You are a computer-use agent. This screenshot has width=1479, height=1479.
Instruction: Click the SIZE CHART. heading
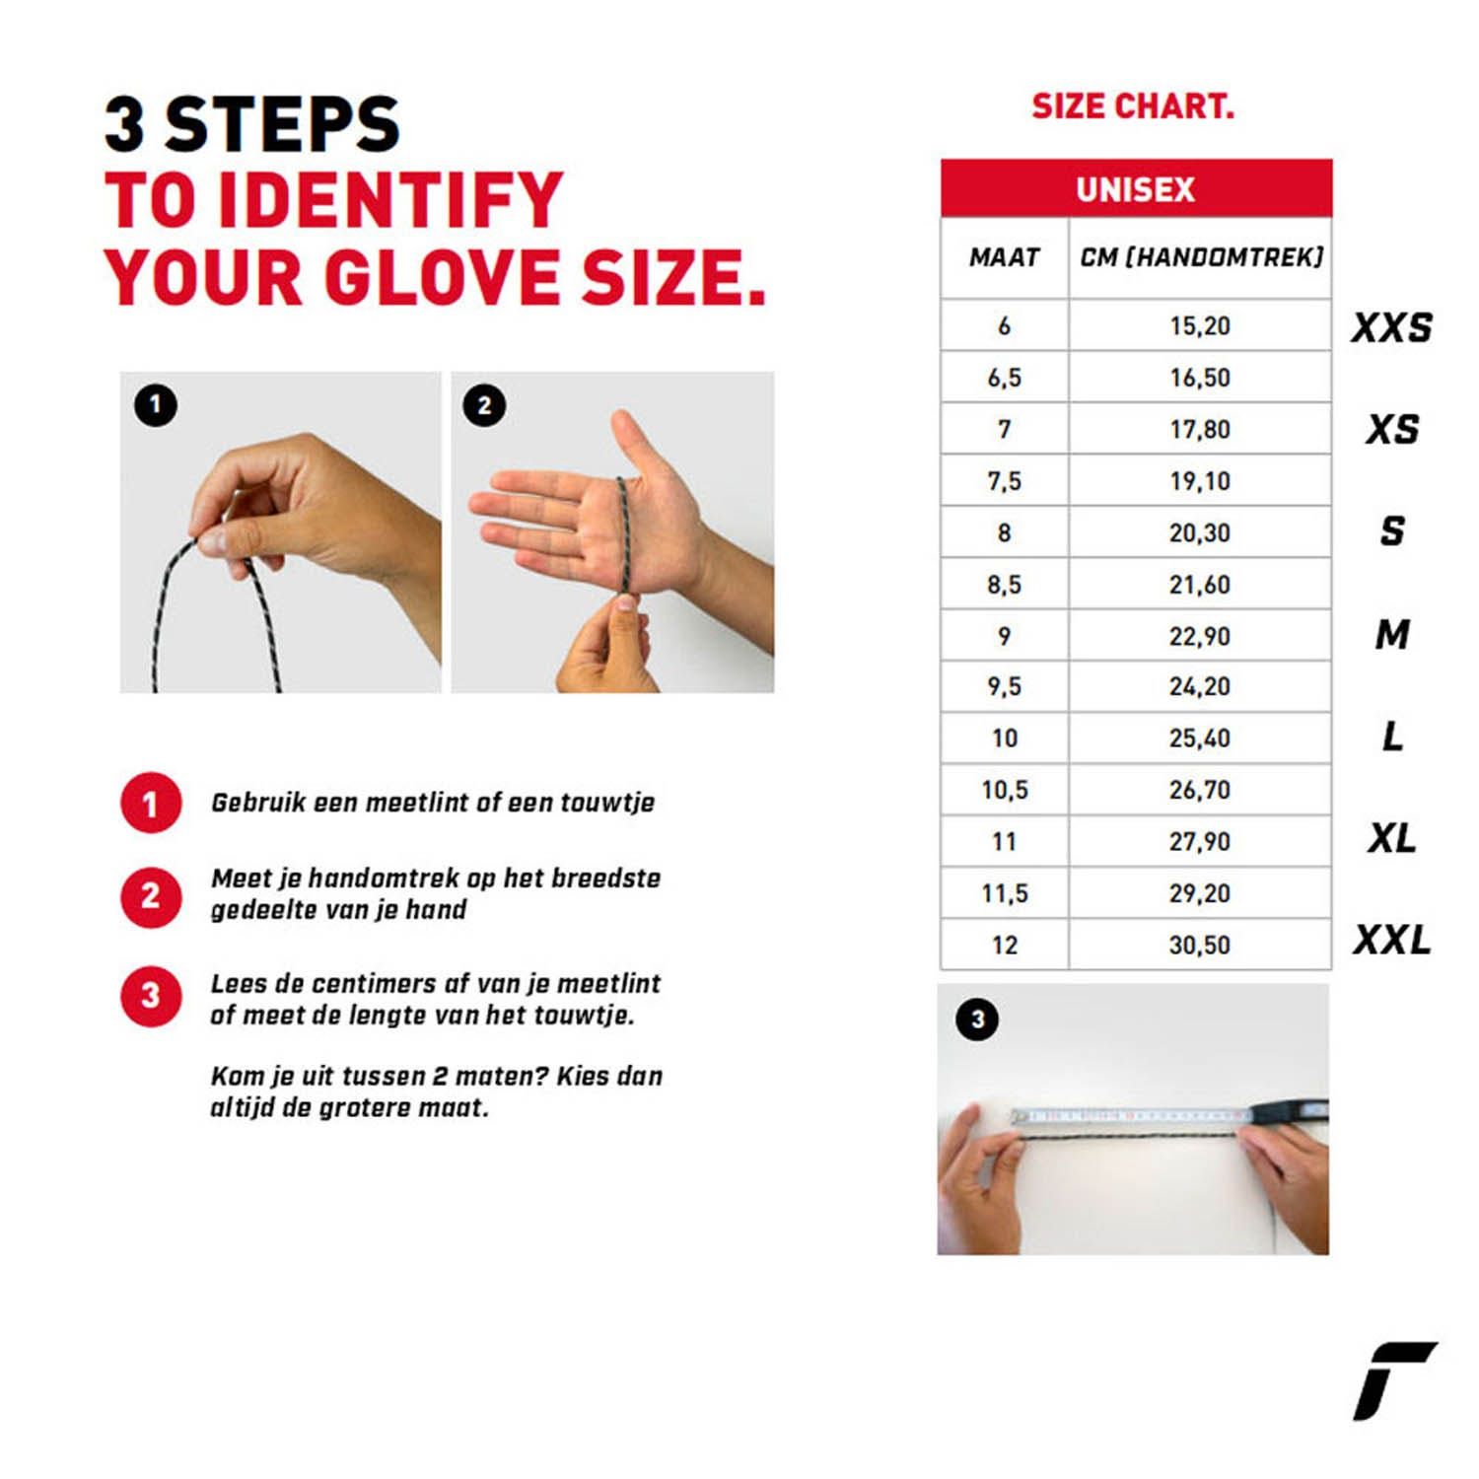(x=1133, y=106)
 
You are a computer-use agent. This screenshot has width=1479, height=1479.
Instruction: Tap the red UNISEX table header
(x=1136, y=188)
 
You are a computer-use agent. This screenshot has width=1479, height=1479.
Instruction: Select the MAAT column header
(x=1005, y=257)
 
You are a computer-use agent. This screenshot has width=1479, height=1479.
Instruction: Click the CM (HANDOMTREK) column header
(x=1201, y=257)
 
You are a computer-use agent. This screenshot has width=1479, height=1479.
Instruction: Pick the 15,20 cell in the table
(x=1200, y=325)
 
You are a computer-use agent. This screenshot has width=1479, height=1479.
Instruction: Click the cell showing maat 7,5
(x=1005, y=481)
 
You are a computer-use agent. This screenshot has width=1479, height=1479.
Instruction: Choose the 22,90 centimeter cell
(x=1200, y=636)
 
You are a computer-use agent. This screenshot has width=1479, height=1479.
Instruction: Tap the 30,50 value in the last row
(x=1200, y=945)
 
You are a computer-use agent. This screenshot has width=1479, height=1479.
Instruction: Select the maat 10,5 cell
(x=1005, y=790)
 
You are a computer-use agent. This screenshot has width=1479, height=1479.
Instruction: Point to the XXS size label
(x=1391, y=327)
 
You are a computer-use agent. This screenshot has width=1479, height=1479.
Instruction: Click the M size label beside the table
(x=1392, y=634)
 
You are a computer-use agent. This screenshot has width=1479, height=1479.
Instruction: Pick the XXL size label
(x=1391, y=940)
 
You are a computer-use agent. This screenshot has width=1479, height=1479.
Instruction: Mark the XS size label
(x=1392, y=429)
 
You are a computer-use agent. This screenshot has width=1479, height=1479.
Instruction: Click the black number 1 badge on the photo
(x=155, y=405)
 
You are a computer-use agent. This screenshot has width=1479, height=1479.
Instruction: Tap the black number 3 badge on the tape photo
(x=977, y=1020)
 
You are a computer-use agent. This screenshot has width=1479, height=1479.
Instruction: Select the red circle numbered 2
(x=151, y=895)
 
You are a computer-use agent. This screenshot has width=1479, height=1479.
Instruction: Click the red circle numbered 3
(x=151, y=996)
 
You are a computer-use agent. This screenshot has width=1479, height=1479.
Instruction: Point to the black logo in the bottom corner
(x=1393, y=1380)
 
